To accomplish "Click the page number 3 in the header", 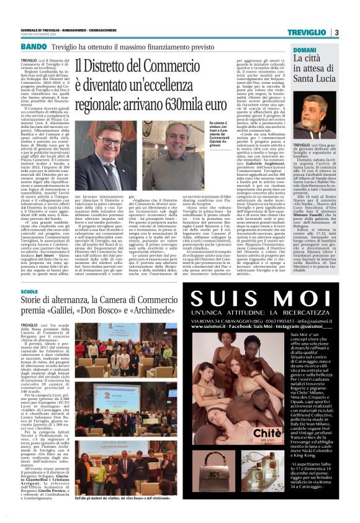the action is (336, 32).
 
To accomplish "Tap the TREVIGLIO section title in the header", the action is (307, 32).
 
